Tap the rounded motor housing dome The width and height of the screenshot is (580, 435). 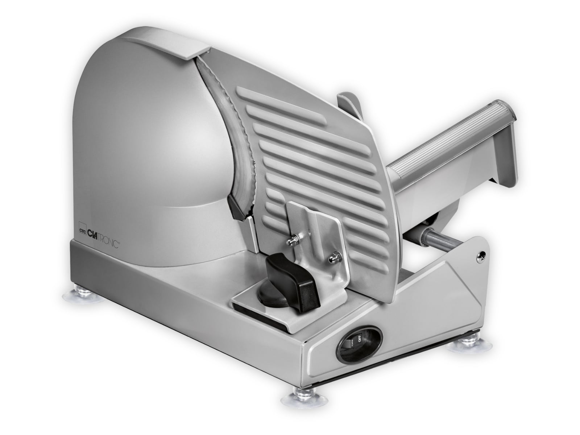[x=145, y=138]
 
